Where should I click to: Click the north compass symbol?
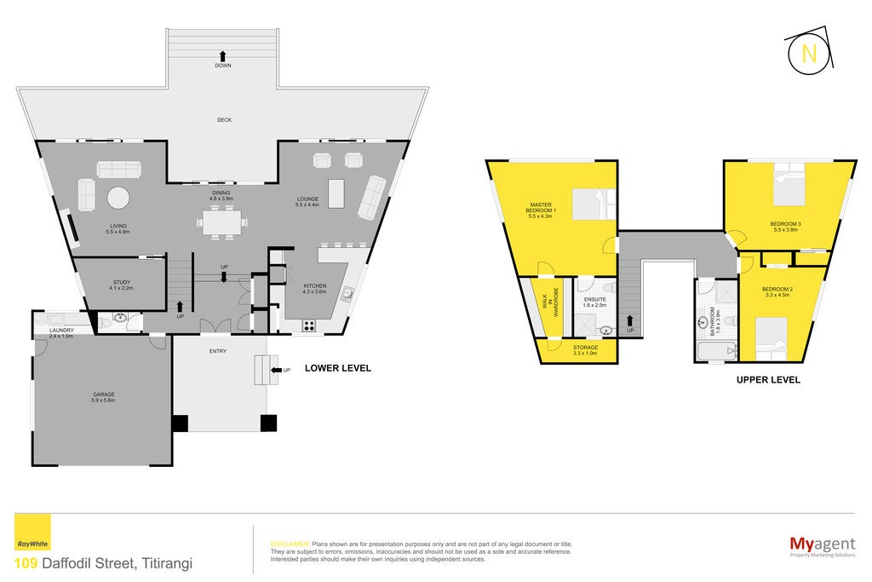[810, 53]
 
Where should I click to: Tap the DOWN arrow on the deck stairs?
[222, 55]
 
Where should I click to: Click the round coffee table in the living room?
[118, 198]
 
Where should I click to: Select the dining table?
[221, 222]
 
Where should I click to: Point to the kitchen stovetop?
[309, 326]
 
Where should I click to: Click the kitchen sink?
[347, 294]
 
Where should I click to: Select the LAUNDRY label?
[61, 330]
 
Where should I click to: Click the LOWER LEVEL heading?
[337, 368]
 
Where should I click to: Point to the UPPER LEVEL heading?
[768, 380]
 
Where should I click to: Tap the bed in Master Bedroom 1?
[594, 205]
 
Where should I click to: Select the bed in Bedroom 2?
[772, 339]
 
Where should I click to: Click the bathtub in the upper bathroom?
[715, 352]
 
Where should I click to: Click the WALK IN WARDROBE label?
[550, 303]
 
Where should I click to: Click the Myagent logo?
[823, 546]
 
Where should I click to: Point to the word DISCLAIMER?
[290, 545]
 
